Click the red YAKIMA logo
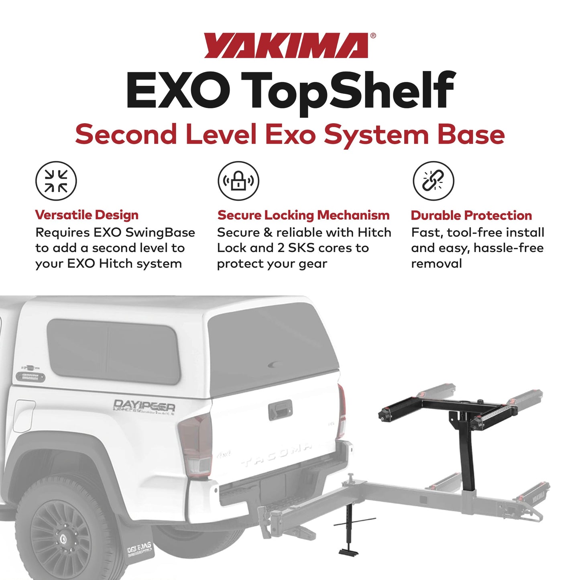click(x=287, y=46)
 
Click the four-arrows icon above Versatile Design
click(x=56, y=181)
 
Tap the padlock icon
click(x=238, y=181)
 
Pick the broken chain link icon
click(x=433, y=181)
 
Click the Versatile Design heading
click(x=87, y=215)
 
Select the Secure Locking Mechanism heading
click(x=303, y=215)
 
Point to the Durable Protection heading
click(x=471, y=216)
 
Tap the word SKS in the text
click(x=298, y=248)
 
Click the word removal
click(x=436, y=264)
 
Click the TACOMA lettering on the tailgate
click(x=277, y=456)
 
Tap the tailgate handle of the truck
click(x=281, y=410)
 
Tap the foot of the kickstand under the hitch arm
click(x=348, y=552)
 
